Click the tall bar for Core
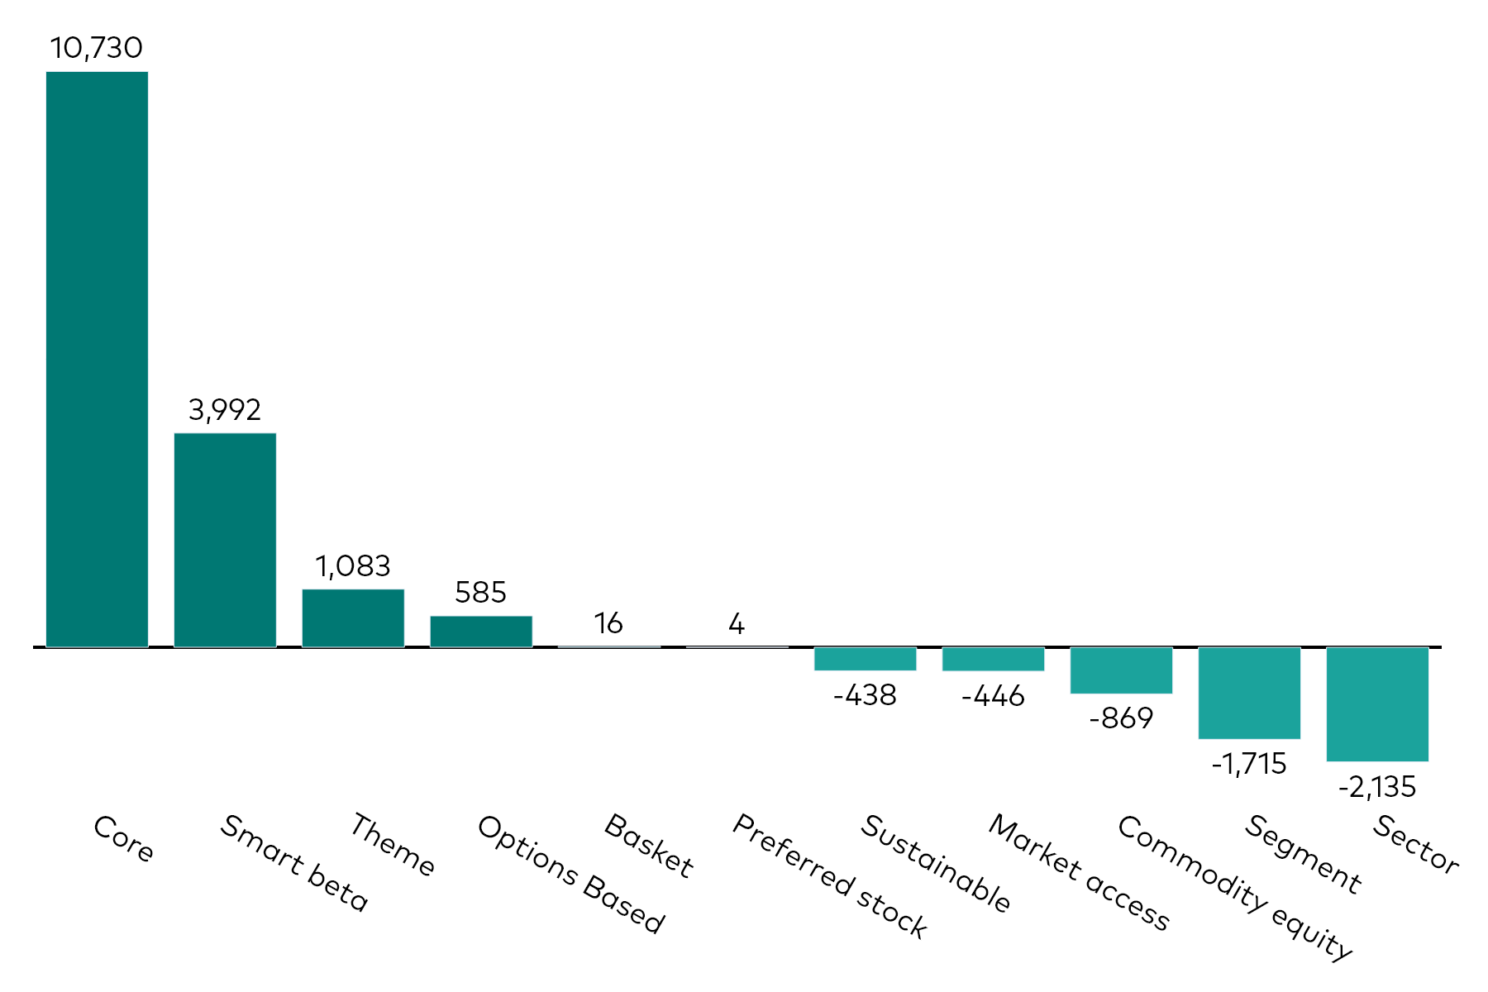(x=97, y=360)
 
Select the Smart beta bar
(x=225, y=540)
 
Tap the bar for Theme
(x=353, y=618)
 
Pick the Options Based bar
(x=481, y=631)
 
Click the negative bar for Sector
(x=1377, y=704)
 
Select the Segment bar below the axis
(x=1249, y=693)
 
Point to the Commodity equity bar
(x=1121, y=670)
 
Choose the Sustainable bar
(x=865, y=659)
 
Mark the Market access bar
(x=993, y=659)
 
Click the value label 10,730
(x=97, y=48)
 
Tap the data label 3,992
(x=225, y=410)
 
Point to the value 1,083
(x=353, y=566)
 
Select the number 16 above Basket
(x=608, y=623)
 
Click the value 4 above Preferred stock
(x=737, y=623)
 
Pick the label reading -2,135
(x=1377, y=787)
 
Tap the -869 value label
(x=1121, y=718)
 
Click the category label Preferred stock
(x=830, y=876)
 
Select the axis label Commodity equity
(x=1234, y=887)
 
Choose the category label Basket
(x=649, y=846)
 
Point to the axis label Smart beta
(x=293, y=863)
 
